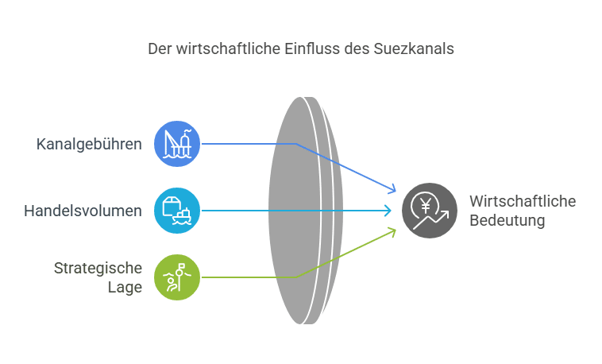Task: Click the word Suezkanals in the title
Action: pos(414,48)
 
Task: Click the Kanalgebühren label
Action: pos(89,145)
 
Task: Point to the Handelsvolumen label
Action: pos(83,211)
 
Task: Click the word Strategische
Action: pos(98,269)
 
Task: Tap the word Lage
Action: pos(125,288)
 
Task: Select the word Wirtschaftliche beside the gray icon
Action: pos(523,201)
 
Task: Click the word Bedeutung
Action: pos(507,221)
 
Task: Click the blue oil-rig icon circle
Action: pos(177,144)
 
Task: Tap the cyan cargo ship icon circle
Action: pos(177,211)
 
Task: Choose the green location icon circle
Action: pos(177,277)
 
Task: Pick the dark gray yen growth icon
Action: pos(430,211)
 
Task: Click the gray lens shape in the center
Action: pos(306,211)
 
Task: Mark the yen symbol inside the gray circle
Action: pos(426,206)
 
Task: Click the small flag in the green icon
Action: pos(182,265)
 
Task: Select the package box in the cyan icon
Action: pos(171,206)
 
